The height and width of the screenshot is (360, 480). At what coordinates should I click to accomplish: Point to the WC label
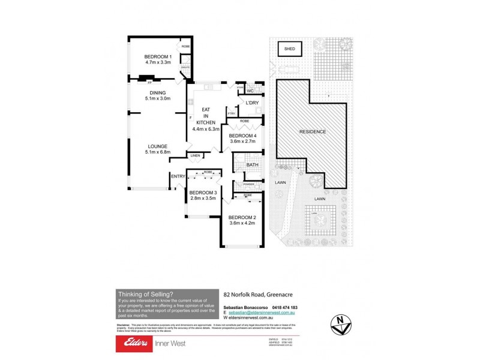click(x=250, y=91)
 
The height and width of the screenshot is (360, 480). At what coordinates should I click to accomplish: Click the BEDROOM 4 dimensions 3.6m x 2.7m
click(x=243, y=142)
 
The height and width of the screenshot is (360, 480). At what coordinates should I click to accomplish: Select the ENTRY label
click(x=178, y=176)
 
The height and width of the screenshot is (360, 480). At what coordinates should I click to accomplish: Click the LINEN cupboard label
click(x=195, y=156)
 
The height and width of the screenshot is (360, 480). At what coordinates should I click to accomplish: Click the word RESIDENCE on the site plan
click(x=312, y=132)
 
